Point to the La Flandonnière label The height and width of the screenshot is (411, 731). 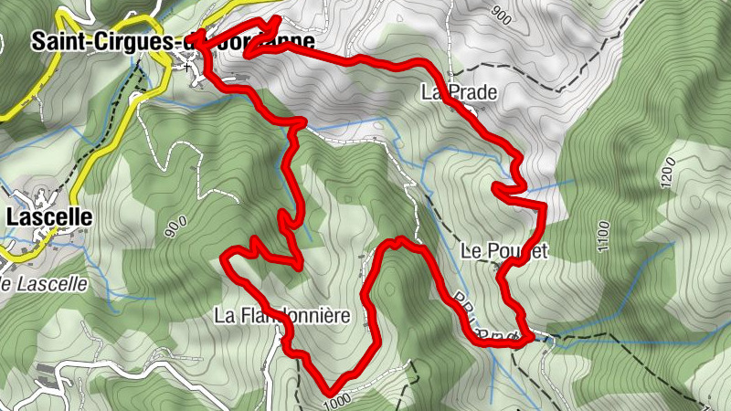[x=282, y=317]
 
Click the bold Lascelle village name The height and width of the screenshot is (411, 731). [x=49, y=217]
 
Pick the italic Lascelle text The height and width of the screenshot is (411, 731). [x=46, y=284]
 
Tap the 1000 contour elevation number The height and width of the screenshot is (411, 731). [x=337, y=399]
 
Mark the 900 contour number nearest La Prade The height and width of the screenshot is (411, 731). [x=502, y=14]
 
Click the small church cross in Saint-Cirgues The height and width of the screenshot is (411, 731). [x=187, y=67]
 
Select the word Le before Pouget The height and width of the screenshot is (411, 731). [x=471, y=252]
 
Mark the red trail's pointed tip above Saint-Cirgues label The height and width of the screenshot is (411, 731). [x=276, y=18]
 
